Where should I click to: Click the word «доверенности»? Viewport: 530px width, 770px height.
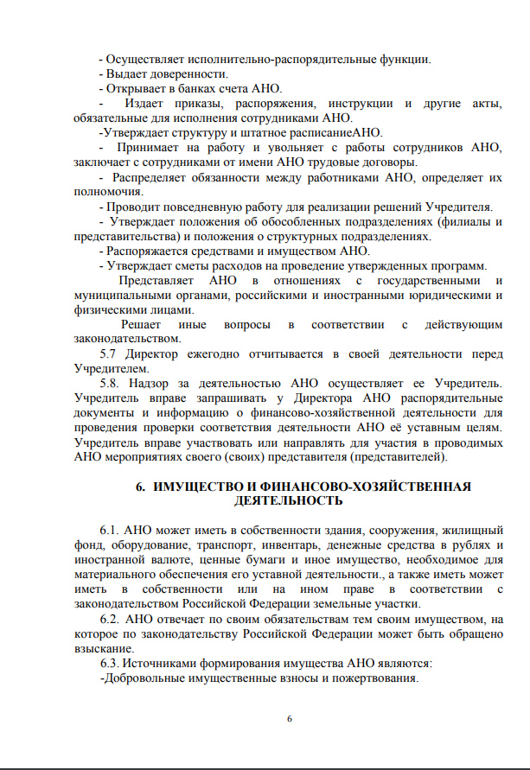click(180, 74)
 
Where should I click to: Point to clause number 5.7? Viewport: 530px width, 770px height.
click(111, 354)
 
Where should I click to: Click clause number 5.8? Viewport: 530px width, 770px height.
click(112, 384)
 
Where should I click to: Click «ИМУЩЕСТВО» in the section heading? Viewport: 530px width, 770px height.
click(201, 487)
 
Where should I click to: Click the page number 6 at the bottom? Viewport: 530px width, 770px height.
click(290, 720)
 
